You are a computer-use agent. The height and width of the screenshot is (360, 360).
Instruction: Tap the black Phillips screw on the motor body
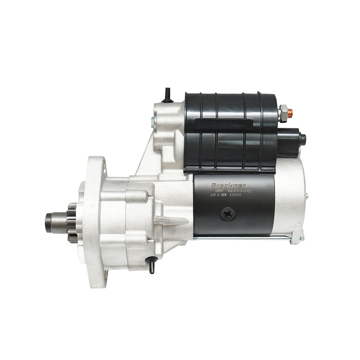(228, 214)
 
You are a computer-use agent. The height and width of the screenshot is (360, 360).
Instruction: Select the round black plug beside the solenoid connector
(303, 138)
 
